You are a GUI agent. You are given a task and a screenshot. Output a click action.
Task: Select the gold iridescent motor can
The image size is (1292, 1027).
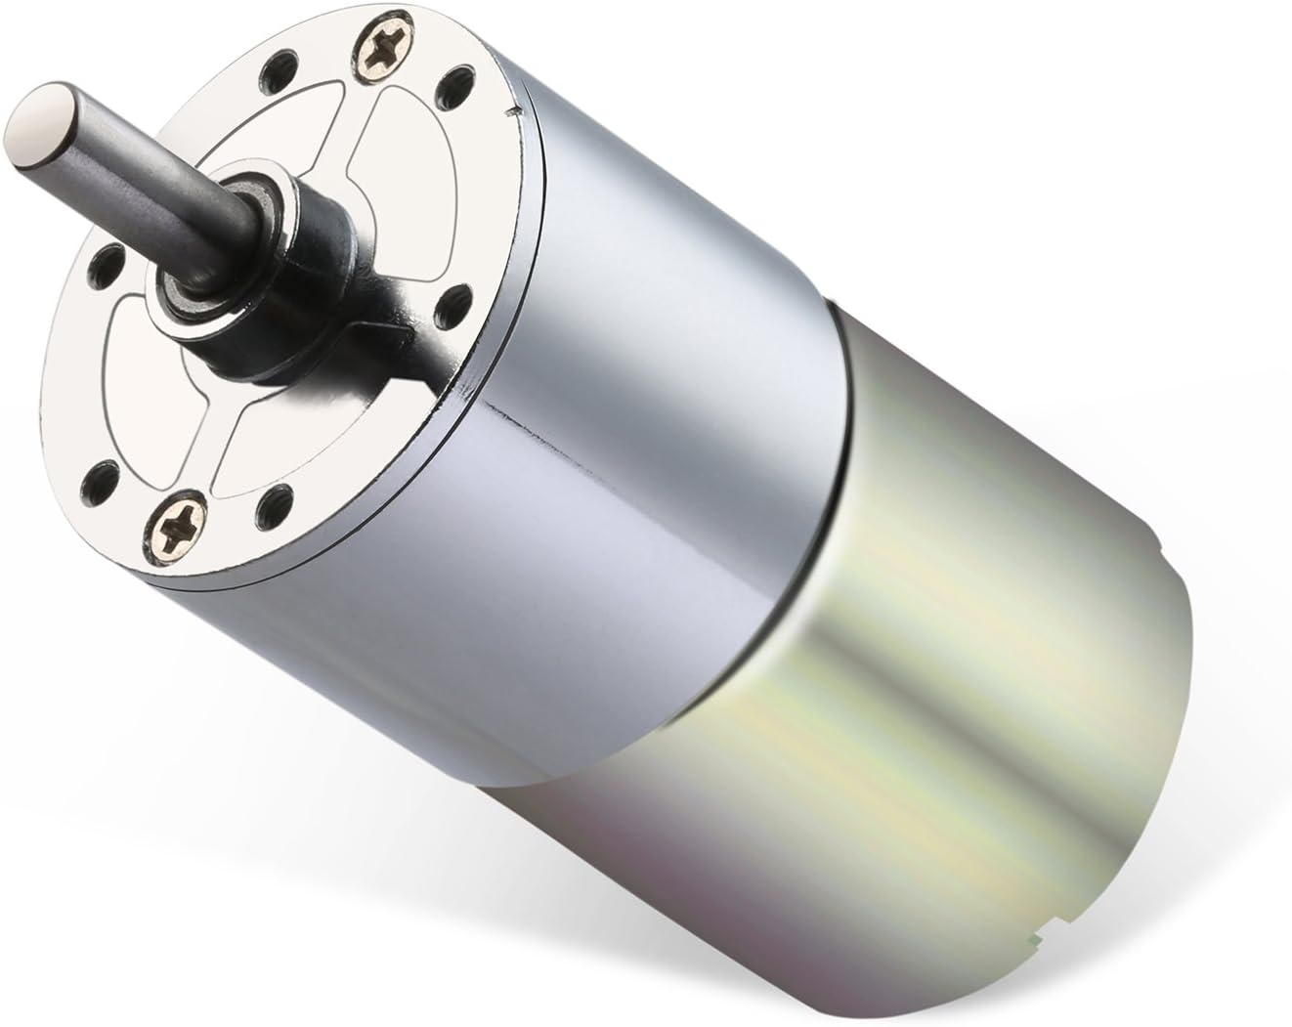tap(977, 635)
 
